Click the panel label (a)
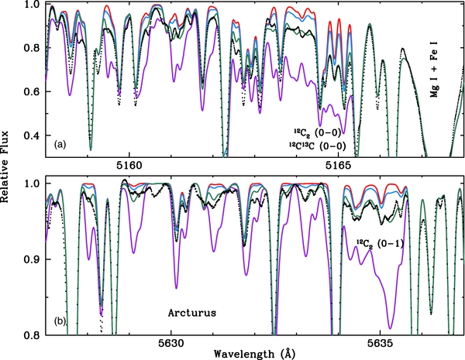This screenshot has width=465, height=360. click(x=61, y=145)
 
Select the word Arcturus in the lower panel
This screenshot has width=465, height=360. click(x=195, y=314)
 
